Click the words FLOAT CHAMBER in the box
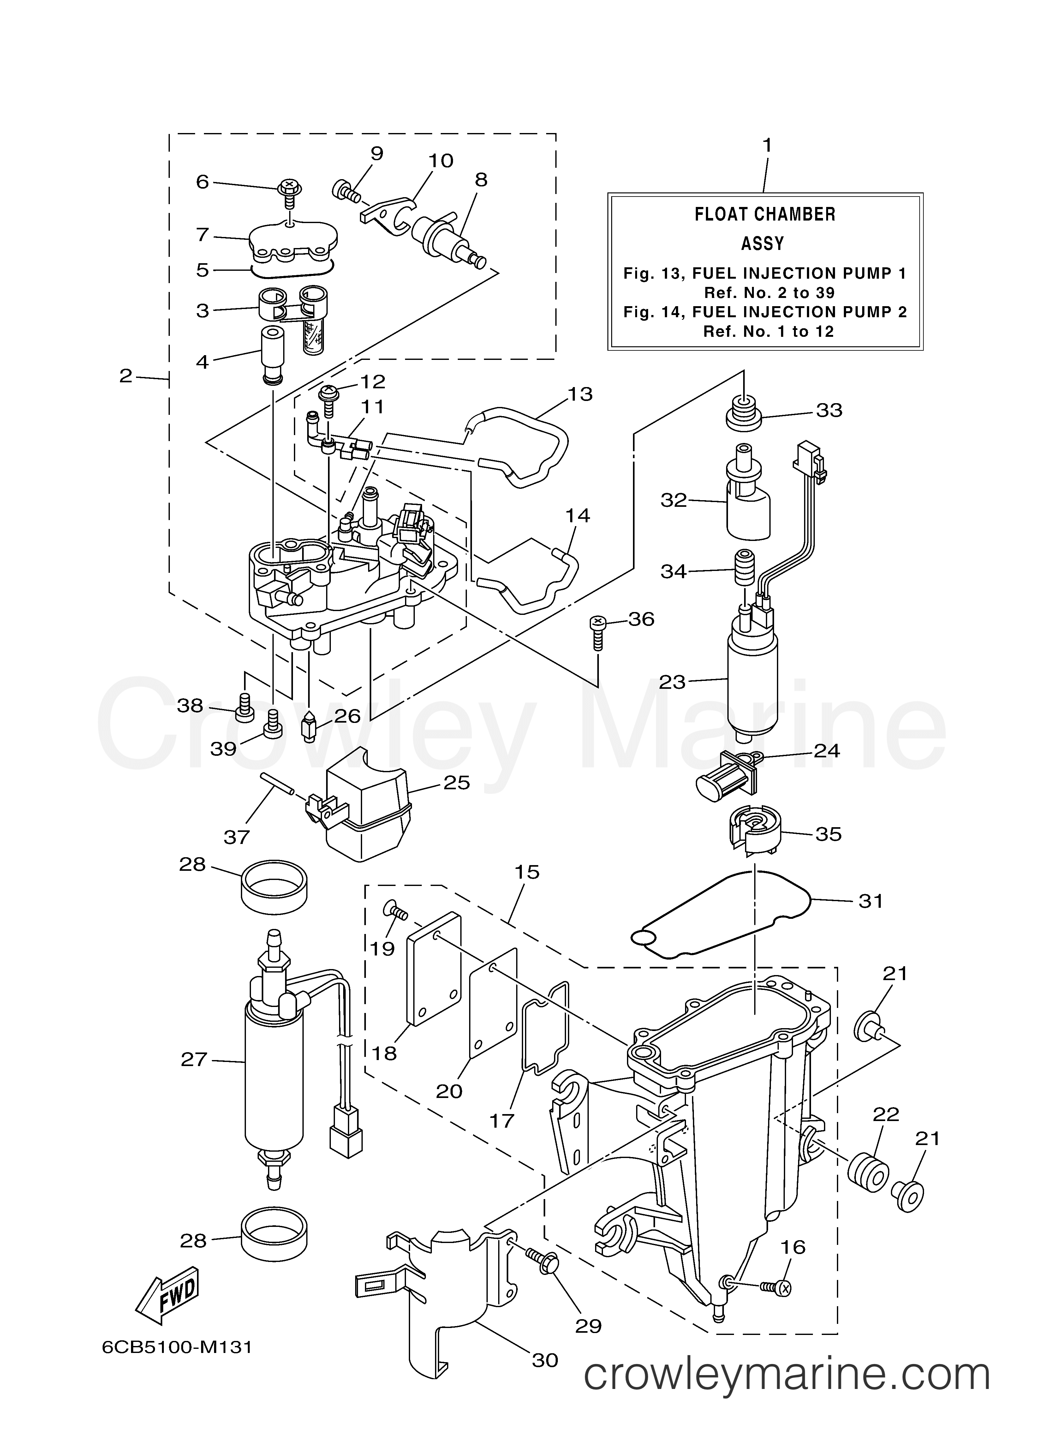tap(765, 215)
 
